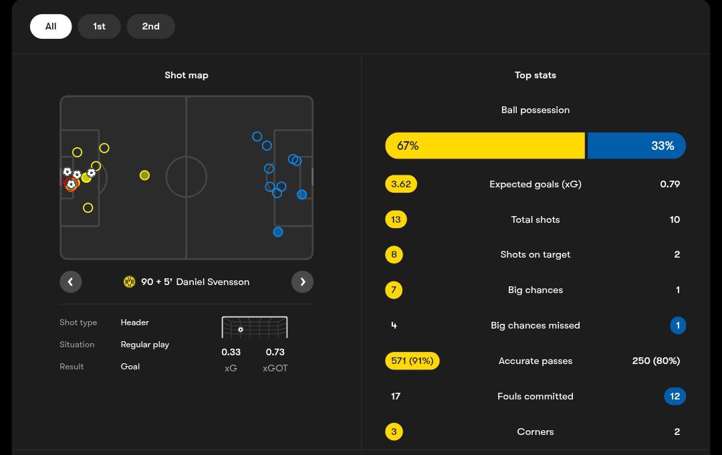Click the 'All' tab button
tap(51, 27)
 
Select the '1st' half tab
tap(99, 27)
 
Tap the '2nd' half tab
tap(150, 27)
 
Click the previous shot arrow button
tap(71, 282)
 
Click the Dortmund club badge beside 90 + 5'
tap(129, 282)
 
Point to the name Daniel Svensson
tap(213, 282)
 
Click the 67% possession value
tap(408, 146)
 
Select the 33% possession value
tap(663, 146)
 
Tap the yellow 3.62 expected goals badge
tap(401, 184)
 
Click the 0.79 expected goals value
tap(670, 184)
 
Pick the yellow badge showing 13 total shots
tap(396, 219)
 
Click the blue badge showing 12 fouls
tap(675, 396)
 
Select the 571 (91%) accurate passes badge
tap(412, 361)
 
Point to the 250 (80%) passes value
tap(656, 361)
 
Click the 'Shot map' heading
tap(187, 75)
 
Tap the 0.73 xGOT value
tap(275, 352)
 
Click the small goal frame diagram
tap(255, 327)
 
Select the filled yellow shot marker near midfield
tap(144, 175)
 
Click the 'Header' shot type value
tap(135, 323)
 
